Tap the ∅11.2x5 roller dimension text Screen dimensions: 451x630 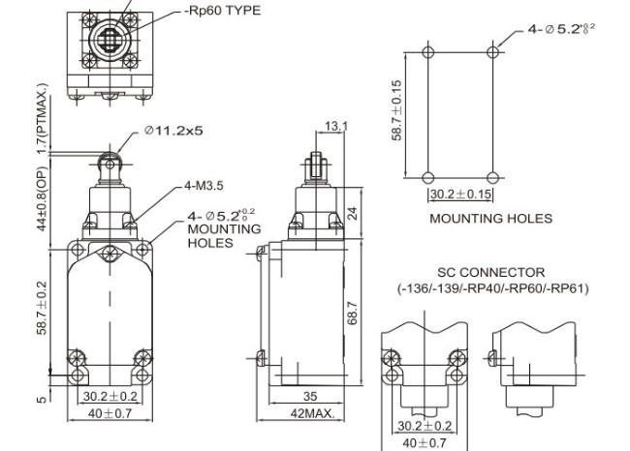coord(176,131)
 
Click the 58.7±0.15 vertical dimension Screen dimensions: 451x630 coord(397,111)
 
